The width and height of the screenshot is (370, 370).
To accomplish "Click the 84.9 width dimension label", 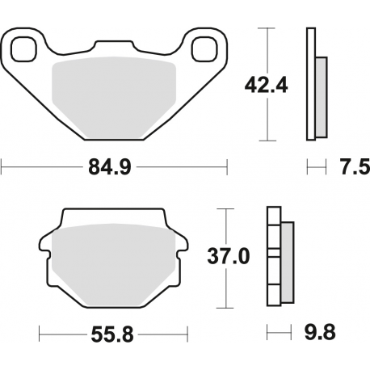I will click(114, 168).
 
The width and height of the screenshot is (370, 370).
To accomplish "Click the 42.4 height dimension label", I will click(267, 84).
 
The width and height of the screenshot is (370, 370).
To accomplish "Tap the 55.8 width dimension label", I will click(113, 332).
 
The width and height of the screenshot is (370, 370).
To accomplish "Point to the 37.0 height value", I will click(227, 257).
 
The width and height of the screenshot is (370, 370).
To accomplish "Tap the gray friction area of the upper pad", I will click(113, 93).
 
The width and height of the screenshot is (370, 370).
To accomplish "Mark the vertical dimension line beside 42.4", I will click(266, 48).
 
